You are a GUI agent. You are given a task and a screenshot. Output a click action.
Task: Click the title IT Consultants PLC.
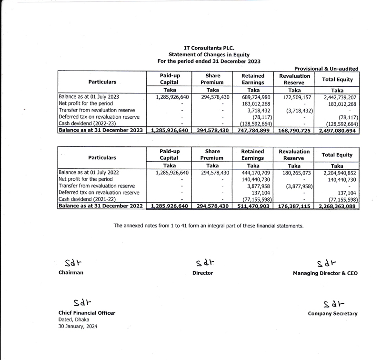click(x=210, y=48)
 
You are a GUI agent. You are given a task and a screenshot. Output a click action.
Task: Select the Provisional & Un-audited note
click(x=326, y=69)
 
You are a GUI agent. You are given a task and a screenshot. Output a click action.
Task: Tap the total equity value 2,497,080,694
click(x=337, y=130)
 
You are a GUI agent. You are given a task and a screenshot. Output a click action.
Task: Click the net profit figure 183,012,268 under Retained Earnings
click(x=256, y=103)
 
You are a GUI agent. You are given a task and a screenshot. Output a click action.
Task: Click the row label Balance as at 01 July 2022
click(x=89, y=172)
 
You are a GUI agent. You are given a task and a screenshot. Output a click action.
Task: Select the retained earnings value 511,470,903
click(x=254, y=206)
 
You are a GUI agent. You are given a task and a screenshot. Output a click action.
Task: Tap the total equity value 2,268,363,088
click(x=337, y=206)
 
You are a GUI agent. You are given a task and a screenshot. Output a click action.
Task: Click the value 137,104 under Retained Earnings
click(x=261, y=193)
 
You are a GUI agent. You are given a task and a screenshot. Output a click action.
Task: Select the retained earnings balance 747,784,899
click(x=254, y=130)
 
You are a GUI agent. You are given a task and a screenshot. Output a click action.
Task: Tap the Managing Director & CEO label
click(x=325, y=273)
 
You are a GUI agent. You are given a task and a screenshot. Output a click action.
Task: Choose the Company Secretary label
click(x=332, y=314)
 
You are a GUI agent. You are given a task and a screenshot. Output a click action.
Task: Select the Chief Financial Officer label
click(x=86, y=313)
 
